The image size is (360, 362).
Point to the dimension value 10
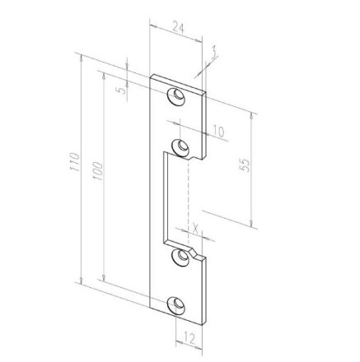point(217,131)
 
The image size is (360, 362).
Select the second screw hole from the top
point(178,149)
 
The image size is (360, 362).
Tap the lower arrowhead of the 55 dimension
point(250,223)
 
